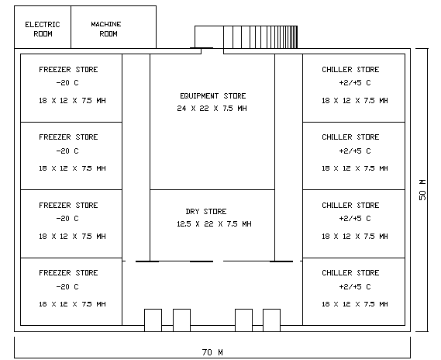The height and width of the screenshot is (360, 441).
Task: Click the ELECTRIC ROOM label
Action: [43, 29]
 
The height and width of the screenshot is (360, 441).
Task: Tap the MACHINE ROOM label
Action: [105, 29]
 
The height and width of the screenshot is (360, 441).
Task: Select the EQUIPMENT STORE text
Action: [212, 96]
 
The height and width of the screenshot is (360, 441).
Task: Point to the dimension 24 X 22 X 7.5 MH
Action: [212, 109]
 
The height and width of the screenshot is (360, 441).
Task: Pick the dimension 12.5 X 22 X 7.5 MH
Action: [214, 224]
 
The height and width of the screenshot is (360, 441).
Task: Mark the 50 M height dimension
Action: [423, 190]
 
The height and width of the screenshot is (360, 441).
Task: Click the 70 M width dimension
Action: [212, 352]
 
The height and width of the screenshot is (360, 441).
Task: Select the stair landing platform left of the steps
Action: [208, 36]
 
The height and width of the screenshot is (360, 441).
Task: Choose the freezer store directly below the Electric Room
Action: [71, 88]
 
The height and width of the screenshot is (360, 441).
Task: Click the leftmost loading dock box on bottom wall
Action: [153, 320]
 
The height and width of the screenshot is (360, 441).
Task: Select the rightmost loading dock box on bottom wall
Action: [271, 320]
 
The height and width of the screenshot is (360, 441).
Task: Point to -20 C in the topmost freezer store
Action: [68, 83]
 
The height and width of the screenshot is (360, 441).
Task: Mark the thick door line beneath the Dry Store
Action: [201, 261]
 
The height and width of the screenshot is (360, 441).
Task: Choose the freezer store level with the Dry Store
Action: [71, 223]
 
